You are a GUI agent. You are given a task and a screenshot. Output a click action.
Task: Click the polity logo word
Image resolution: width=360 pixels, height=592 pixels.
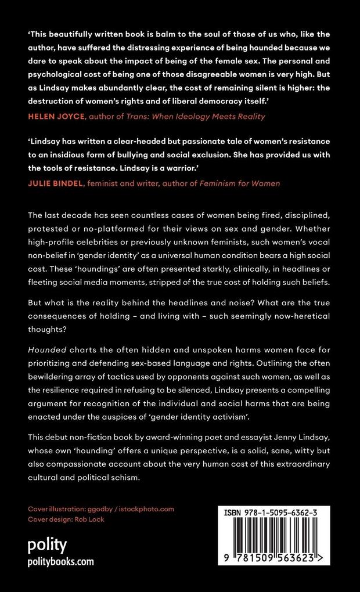click(48, 545)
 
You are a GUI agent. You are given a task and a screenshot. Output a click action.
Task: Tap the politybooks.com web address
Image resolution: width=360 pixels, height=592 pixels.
click(61, 562)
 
